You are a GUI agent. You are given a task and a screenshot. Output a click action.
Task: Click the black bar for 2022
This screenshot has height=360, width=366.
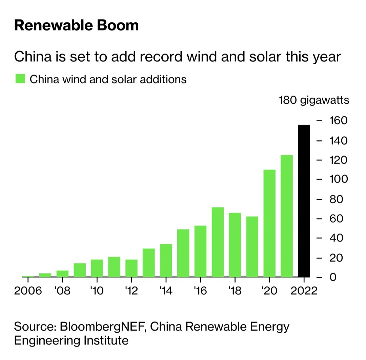tap(304, 201)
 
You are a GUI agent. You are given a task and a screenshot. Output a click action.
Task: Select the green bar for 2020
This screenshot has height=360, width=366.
tap(269, 223)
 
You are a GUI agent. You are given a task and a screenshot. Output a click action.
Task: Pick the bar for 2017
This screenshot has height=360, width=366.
tap(218, 242)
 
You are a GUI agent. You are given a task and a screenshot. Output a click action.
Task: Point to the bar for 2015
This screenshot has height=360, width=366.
tap(183, 253)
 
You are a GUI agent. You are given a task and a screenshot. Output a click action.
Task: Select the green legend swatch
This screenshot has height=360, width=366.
tap(20, 79)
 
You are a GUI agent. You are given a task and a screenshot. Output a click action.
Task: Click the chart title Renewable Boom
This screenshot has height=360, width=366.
tap(76, 26)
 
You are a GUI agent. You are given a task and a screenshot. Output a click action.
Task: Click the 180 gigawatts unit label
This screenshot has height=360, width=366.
tap(314, 101)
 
